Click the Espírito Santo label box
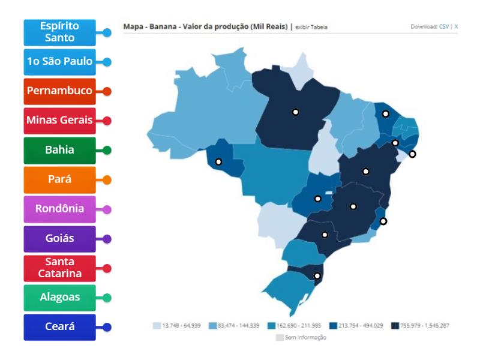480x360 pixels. pyautogui.click(x=59, y=32)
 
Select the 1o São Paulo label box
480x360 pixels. pyautogui.click(x=59, y=62)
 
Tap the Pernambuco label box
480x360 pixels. pyautogui.click(x=59, y=91)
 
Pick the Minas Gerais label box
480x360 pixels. pyautogui.click(x=59, y=121)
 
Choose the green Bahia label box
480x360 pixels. pyautogui.click(x=59, y=150)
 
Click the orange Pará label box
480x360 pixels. pyautogui.click(x=59, y=179)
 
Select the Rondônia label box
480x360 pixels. pyautogui.click(x=59, y=209)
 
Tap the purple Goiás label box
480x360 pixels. pyautogui.click(x=59, y=239)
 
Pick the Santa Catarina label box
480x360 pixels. pyautogui.click(x=59, y=268)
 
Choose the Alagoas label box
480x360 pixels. pyautogui.click(x=59, y=298)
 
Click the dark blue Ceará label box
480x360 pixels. pyautogui.click(x=59, y=327)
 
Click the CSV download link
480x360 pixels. pyautogui.click(x=444, y=27)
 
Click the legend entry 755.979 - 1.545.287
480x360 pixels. pyautogui.click(x=420, y=325)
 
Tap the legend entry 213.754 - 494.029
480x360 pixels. pyautogui.click(x=359, y=325)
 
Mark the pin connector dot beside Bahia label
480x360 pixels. pyautogui.click(x=107, y=150)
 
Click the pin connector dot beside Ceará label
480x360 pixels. pyautogui.click(x=107, y=327)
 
